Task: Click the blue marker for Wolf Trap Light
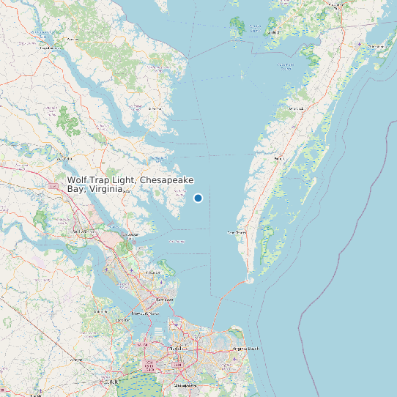tap(198, 198)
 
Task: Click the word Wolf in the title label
tap(78, 179)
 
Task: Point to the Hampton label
tap(165, 299)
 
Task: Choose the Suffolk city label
tap(112, 382)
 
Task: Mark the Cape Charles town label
tap(236, 232)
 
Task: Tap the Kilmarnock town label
tap(155, 108)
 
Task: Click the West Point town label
tap(63, 157)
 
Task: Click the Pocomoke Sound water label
tap(286, 64)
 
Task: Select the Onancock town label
tap(295, 108)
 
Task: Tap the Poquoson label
tap(153, 272)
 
